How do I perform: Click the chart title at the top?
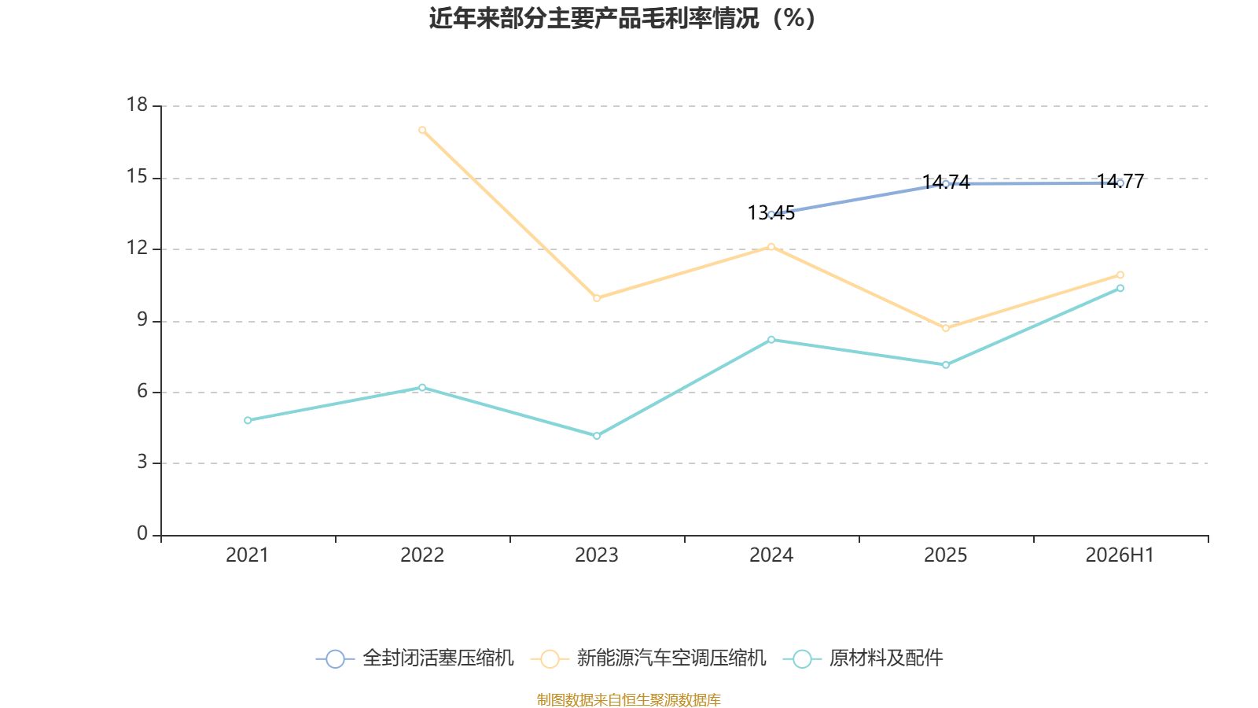click(622, 19)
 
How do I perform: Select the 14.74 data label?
click(946, 182)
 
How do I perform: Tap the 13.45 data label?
click(771, 213)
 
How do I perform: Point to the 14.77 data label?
click(1120, 182)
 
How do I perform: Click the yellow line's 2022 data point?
click(422, 131)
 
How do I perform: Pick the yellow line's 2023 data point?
click(597, 298)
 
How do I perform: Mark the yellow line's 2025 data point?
click(946, 328)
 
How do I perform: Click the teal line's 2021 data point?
click(248, 420)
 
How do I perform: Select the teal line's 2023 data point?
click(597, 436)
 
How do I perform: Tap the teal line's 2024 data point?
click(771, 340)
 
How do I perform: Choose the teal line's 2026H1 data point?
click(1120, 288)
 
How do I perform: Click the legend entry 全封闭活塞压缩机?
click(414, 658)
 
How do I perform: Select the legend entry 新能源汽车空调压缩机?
click(648, 658)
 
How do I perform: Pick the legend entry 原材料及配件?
click(863, 658)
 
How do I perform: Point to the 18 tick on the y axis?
click(137, 105)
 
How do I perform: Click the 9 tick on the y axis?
click(142, 319)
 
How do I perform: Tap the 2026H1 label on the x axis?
click(1120, 555)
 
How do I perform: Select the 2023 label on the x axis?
click(597, 555)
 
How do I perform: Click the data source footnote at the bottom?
click(628, 699)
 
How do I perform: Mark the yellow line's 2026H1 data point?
click(1120, 275)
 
